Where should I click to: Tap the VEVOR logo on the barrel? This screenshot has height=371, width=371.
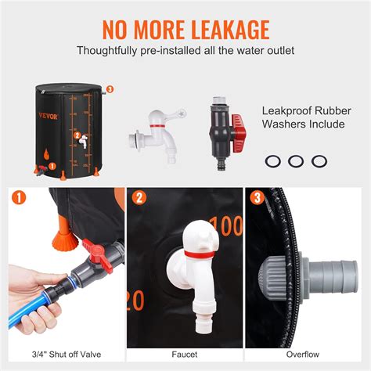pos(49,114)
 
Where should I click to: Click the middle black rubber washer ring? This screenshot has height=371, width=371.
pos(295,161)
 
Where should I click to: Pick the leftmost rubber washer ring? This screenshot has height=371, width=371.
pos(272,161)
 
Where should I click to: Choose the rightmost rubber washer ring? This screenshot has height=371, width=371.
pos(318,161)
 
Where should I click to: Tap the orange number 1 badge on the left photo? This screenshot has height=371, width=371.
pos(19,198)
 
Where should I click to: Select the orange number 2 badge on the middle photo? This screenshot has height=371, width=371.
pos(138,198)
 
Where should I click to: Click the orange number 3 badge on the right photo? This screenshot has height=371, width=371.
pos(255,198)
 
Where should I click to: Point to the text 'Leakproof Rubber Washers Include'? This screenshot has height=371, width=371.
pos(305,117)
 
